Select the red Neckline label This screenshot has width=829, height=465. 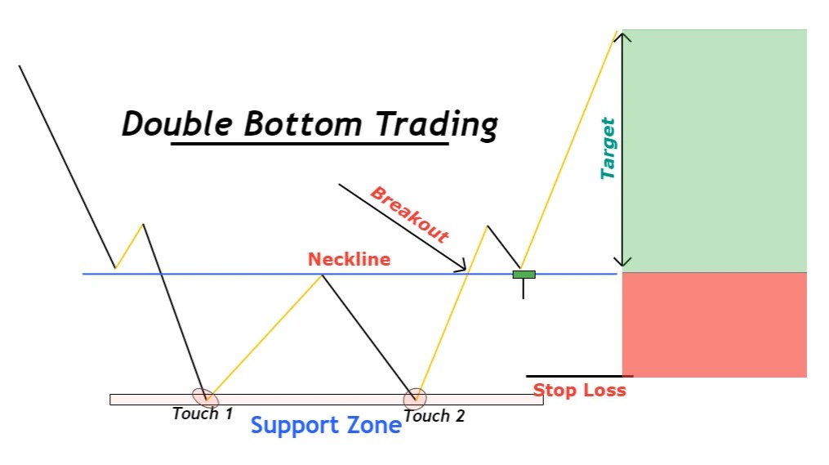tap(349, 259)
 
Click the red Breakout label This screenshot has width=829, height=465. tap(409, 215)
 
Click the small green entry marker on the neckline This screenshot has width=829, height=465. tap(524, 275)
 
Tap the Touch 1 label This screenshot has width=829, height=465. tap(203, 414)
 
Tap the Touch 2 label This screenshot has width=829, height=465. tap(435, 416)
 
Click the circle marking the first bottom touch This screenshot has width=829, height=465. tap(205, 397)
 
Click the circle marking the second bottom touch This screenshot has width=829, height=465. tap(415, 398)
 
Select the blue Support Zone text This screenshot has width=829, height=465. tap(326, 426)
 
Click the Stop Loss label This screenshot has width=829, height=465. tap(579, 391)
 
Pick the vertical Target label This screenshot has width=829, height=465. tap(608, 149)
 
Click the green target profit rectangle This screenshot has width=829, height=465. tap(714, 150)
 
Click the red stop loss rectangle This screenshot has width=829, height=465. tap(714, 324)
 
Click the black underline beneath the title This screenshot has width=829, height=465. tap(310, 144)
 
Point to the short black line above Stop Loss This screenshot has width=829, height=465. tap(579, 376)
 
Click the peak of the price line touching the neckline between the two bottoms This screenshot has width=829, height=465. tap(323, 275)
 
